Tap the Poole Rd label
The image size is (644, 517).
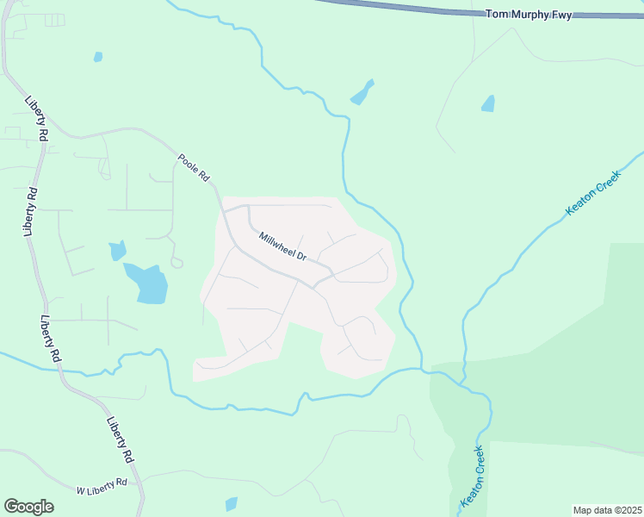click(194, 166)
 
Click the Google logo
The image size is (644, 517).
click(28, 507)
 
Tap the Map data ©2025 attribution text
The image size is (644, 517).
click(607, 510)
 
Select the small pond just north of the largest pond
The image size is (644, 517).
click(117, 251)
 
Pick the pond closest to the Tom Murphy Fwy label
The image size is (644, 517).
click(488, 103)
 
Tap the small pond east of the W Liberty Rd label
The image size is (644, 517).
click(231, 504)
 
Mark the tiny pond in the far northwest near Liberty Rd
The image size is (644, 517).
click(98, 57)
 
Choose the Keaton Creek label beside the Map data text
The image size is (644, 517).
click(474, 477)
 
